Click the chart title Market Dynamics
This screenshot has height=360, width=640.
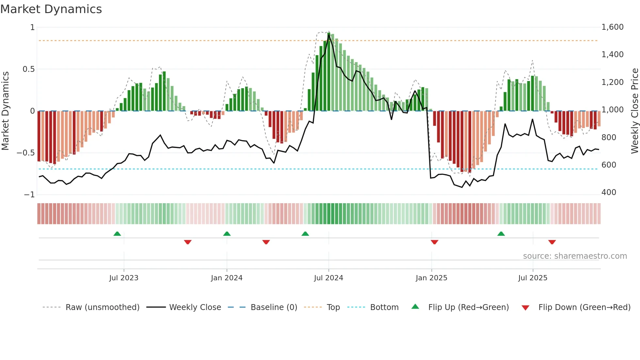pos(51,9)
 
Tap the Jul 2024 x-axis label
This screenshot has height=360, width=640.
pos(328,278)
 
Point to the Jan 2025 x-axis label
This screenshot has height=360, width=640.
pos(431,278)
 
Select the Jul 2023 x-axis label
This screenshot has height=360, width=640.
pos(124,278)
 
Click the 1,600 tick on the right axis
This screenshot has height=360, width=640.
pos(612,27)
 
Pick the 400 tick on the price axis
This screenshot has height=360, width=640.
pos(609,192)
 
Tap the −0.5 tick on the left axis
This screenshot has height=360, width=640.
pos(25,153)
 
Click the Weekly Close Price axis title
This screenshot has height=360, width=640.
pos(634,111)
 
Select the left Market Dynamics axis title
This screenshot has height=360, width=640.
pos(5,111)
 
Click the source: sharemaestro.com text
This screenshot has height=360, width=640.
pos(575,256)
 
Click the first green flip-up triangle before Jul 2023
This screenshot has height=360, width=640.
pos(117,234)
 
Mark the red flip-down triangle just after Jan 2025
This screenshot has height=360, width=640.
pos(434,242)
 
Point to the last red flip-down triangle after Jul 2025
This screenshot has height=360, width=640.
pos(552,242)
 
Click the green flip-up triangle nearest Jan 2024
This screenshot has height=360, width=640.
pos(227,234)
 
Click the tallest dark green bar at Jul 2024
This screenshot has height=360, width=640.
pos(329,72)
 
